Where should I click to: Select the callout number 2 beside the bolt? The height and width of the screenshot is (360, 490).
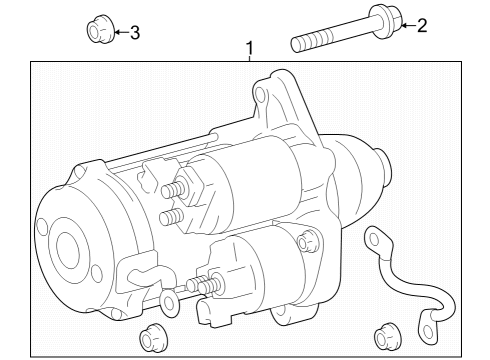(421, 26)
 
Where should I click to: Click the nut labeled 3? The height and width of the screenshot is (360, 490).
(97, 32)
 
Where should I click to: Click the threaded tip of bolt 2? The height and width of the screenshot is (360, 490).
(298, 44)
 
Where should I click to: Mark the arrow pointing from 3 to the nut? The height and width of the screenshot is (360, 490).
(117, 33)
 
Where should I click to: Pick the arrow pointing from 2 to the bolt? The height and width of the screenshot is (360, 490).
(404, 25)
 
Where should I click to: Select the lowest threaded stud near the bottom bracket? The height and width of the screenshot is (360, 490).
(208, 288)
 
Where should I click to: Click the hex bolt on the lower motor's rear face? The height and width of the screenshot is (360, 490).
(307, 240)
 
